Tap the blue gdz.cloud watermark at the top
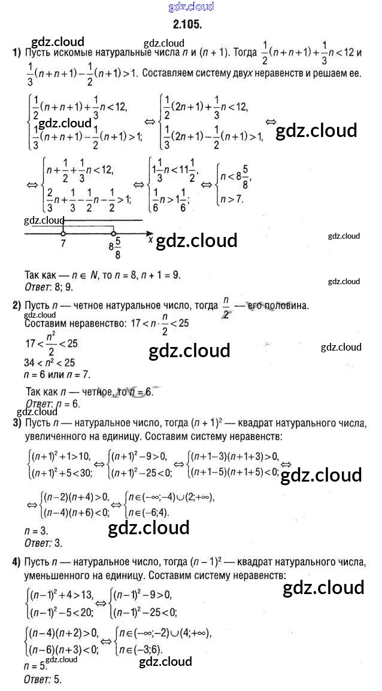tap(191, 7)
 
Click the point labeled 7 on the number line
tap(63, 235)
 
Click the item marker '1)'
tap(17, 53)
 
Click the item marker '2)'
tap(17, 306)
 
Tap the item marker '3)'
tap(17, 424)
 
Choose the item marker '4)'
tap(17, 562)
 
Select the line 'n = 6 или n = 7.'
tap(59, 375)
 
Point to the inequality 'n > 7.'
tap(232, 199)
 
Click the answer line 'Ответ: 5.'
tap(43, 680)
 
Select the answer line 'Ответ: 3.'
tap(43, 543)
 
